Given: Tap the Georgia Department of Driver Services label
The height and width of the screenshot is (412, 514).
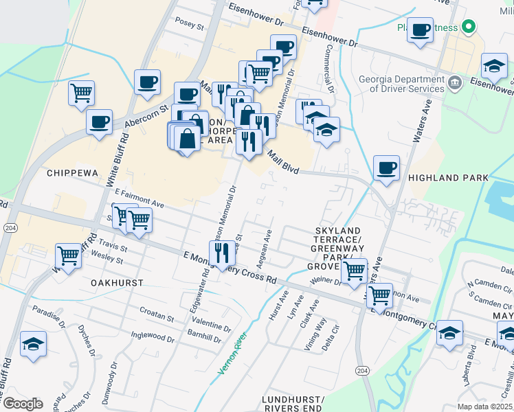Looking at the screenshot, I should pyautogui.click(x=401, y=84).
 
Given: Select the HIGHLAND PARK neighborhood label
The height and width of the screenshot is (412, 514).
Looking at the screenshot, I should pyautogui.click(x=448, y=178).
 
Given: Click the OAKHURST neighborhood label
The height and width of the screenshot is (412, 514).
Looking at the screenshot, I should pyautogui.click(x=117, y=282).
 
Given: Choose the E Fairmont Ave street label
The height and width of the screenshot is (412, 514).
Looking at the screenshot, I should pyautogui.click(x=139, y=198).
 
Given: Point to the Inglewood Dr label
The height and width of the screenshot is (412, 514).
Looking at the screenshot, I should pyautogui.click(x=152, y=336).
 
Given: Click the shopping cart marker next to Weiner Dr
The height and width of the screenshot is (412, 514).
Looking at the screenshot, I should pyautogui.click(x=354, y=271).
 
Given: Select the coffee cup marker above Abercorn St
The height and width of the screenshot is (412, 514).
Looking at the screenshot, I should pyautogui.click(x=148, y=82).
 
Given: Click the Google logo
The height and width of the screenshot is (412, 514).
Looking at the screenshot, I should pyautogui.click(x=23, y=404).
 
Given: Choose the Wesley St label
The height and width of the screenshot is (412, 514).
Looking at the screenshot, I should pyautogui.click(x=109, y=260).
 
